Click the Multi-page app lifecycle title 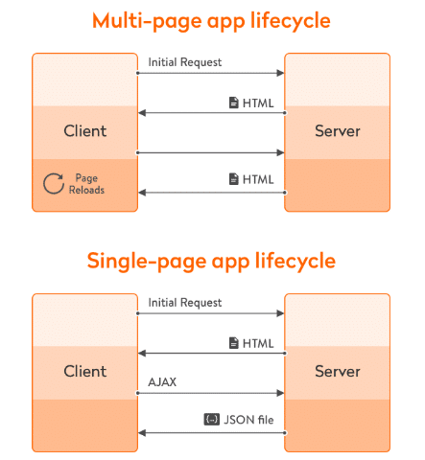click(x=211, y=21)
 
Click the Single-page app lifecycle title click(x=211, y=262)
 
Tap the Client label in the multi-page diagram click(x=85, y=131)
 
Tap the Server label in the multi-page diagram click(x=338, y=131)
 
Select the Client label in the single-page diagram click(x=85, y=371)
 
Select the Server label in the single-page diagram click(x=338, y=371)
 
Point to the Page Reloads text click(x=86, y=184)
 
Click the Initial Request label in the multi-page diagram click(x=185, y=62)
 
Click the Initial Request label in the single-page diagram click(x=185, y=303)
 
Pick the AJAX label click(x=162, y=382)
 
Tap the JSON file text click(x=248, y=420)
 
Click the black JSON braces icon click(x=212, y=420)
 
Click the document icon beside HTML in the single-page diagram click(x=234, y=343)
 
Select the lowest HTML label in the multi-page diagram click(x=258, y=179)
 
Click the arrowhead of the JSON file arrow click(x=142, y=433)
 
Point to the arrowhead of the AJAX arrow click(x=280, y=393)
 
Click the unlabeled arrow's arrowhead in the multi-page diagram click(x=280, y=152)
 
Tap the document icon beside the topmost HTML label click(x=234, y=103)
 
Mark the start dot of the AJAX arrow click(x=138, y=393)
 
